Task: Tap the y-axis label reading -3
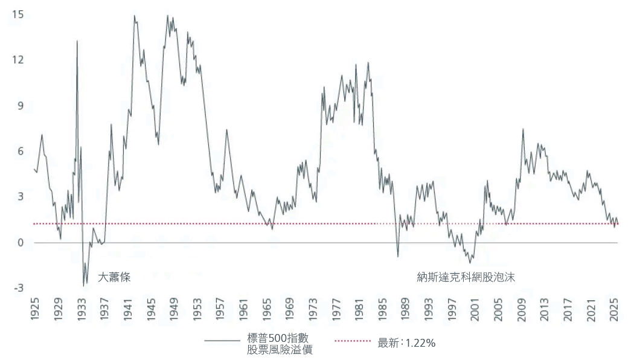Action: tap(18, 288)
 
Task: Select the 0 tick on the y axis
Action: tap(20, 243)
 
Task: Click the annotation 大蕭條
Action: tap(115, 277)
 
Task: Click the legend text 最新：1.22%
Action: tap(406, 342)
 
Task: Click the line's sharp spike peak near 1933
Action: tap(77, 41)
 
